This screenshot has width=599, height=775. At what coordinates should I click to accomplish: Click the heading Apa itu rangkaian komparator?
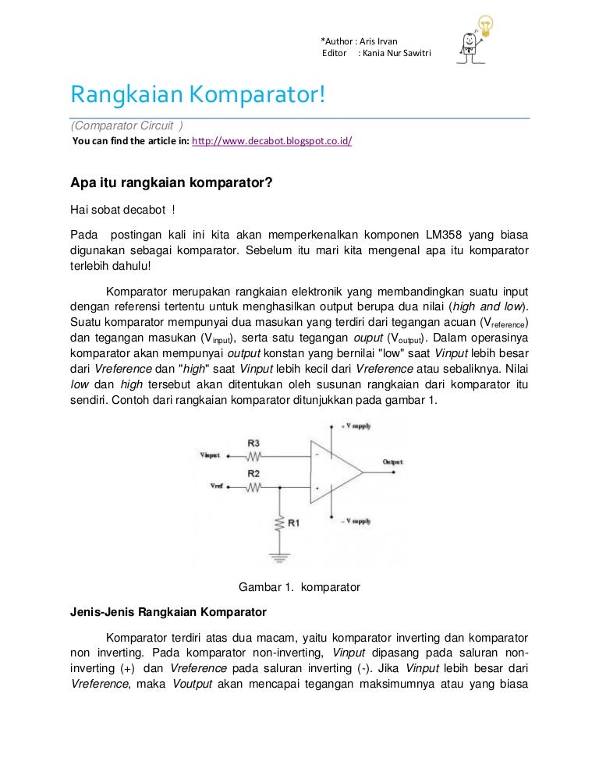tap(171, 185)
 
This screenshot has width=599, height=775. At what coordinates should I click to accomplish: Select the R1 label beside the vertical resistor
tap(294, 523)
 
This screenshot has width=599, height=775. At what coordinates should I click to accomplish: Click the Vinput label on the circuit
tap(211, 455)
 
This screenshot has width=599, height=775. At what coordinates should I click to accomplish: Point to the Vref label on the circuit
tap(216, 486)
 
